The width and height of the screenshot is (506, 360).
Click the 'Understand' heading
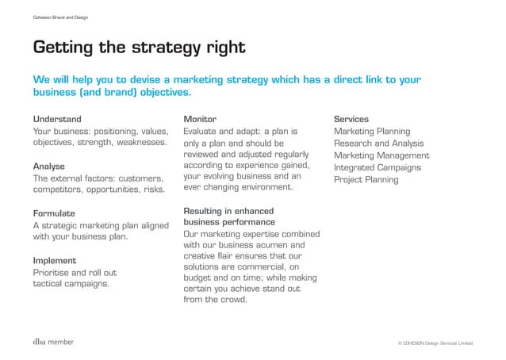click(x=56, y=119)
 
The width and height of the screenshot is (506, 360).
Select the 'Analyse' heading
click(x=48, y=167)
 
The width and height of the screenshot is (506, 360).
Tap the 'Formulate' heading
click(x=54, y=213)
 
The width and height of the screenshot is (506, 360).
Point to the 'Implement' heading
click(x=54, y=260)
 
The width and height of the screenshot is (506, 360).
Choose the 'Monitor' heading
click(x=200, y=119)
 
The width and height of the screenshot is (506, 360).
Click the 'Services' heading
click(x=351, y=119)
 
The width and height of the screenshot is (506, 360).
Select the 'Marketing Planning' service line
click(x=372, y=131)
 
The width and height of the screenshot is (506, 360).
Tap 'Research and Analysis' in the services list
click(x=378, y=144)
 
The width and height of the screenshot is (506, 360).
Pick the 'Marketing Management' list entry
click(x=381, y=155)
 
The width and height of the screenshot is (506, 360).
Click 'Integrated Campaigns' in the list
click(x=377, y=167)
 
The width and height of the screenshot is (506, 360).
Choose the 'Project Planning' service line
click(x=366, y=180)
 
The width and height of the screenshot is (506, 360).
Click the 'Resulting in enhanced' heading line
click(x=228, y=211)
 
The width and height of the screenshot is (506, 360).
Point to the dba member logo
click(x=53, y=342)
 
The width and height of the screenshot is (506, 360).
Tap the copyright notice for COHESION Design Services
click(x=435, y=343)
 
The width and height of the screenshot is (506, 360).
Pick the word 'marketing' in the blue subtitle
click(x=201, y=80)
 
